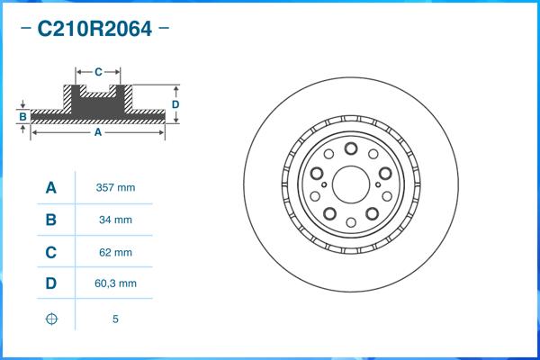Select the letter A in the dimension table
point(51,188)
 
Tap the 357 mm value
point(115,188)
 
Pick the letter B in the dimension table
point(51,220)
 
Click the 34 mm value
point(115,220)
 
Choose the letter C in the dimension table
point(51,252)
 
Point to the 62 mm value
point(115,252)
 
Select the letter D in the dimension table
point(51,283)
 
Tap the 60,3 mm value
point(115,283)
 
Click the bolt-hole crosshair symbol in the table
point(51,319)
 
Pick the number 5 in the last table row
point(115,319)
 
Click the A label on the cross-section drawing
point(97,132)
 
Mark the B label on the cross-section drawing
point(22,116)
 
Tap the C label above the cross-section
point(98,70)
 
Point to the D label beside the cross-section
point(175,104)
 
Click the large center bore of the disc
point(352,184)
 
